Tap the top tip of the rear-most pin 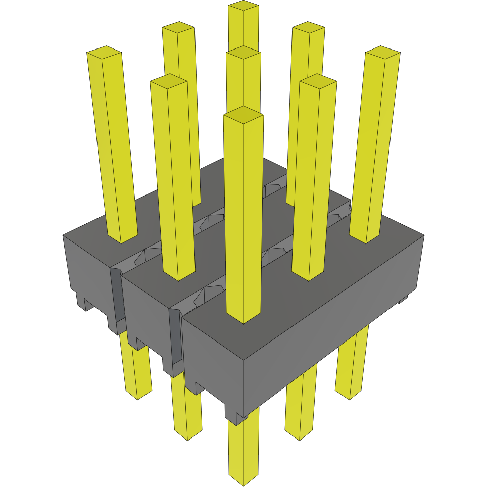tap(243, 6)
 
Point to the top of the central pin tap(243, 53)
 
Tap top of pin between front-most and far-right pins tap(318, 81)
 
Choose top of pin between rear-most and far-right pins tap(308, 27)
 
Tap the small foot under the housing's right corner tap(403, 300)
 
